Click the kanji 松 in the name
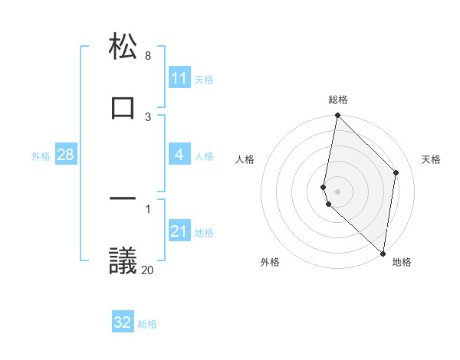(x=123, y=47)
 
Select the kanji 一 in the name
(x=123, y=199)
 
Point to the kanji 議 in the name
(x=123, y=260)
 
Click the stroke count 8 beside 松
(x=148, y=56)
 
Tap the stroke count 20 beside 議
(x=147, y=269)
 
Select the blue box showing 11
(x=179, y=78)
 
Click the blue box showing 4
(x=179, y=155)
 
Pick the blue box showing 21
(x=179, y=231)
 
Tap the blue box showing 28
(x=66, y=155)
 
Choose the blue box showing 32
(x=123, y=322)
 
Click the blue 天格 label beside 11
(x=204, y=79)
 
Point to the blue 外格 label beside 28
(x=41, y=155)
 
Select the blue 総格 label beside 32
(x=147, y=323)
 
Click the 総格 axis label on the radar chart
(x=338, y=100)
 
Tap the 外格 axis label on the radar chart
(x=270, y=262)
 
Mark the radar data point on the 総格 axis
(x=337, y=116)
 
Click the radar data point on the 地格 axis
(x=383, y=253)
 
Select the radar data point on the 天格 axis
(x=396, y=172)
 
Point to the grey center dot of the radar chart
(x=337, y=191)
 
